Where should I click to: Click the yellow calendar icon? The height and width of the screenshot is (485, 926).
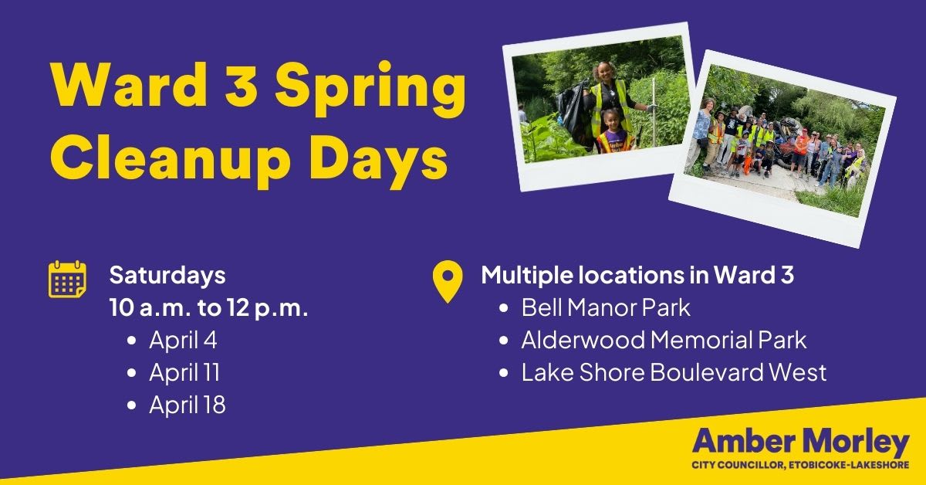[x=67, y=280]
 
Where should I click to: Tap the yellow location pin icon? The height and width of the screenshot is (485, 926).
[x=448, y=281]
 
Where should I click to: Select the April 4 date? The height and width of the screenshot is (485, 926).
[x=183, y=341]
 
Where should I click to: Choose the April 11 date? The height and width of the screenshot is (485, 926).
[x=184, y=372]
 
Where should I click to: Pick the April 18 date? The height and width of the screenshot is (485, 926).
[x=188, y=405]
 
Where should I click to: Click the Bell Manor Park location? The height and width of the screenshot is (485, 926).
[x=606, y=307]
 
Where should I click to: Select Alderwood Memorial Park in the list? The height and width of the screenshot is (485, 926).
[x=664, y=340]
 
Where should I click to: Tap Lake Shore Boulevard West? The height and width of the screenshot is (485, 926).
[x=674, y=372]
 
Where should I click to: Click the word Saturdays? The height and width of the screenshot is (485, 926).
[x=167, y=276]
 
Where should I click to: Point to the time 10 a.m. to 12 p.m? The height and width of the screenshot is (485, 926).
[x=209, y=308]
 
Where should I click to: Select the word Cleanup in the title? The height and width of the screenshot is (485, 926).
[x=171, y=161]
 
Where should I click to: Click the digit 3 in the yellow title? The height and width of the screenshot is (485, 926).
[x=239, y=86]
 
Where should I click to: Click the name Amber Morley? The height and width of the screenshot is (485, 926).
[x=801, y=443]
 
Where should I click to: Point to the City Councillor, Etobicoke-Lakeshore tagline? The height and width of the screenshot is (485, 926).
[x=801, y=465]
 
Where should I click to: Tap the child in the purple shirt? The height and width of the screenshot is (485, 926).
[x=615, y=131]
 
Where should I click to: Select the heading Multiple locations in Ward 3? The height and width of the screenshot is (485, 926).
[x=637, y=275]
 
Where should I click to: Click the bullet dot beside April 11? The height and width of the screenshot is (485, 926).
[x=132, y=373]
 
